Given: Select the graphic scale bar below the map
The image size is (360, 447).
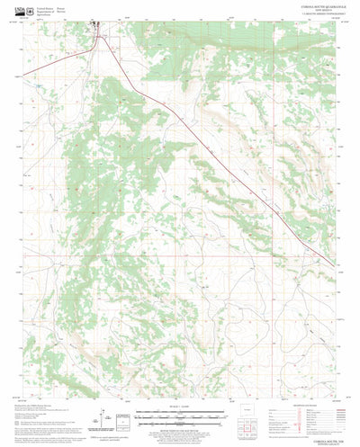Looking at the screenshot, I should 180,417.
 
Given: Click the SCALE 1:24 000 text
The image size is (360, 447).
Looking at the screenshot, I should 180,411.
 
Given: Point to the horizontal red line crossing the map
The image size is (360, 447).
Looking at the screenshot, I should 180,255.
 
